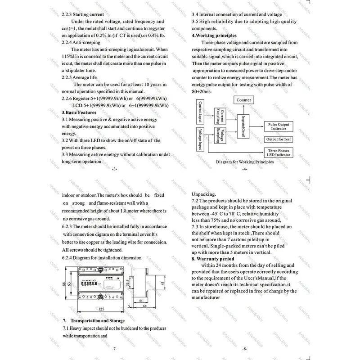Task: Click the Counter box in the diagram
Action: coord(243,100)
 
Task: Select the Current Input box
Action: coord(200,112)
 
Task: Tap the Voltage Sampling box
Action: coord(220,135)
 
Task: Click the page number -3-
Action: coord(113,169)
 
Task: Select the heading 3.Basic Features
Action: coord(79,112)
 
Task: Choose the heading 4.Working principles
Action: coord(214,36)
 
